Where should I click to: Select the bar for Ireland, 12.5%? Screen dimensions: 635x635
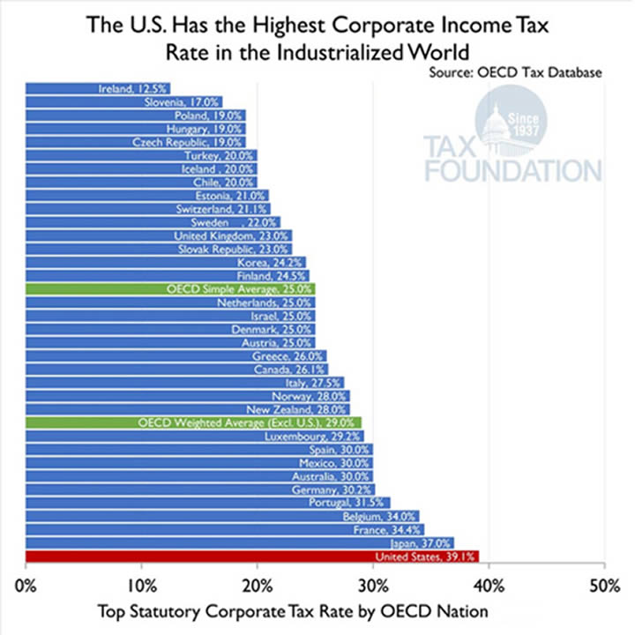(97, 88)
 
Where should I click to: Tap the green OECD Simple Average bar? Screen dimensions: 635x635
(169, 288)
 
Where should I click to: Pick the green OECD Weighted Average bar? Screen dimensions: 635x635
(193, 422)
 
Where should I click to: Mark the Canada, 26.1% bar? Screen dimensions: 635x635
(176, 369)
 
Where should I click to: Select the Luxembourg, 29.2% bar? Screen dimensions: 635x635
(194, 436)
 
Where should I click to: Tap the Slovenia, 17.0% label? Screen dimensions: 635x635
(183, 101)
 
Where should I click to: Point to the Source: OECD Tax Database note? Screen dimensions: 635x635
(515, 72)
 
